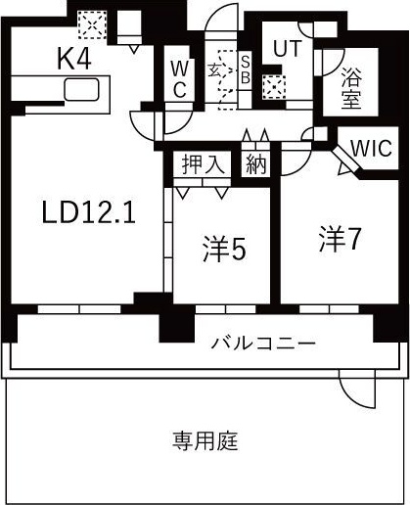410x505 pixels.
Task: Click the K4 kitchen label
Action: coord(74,60)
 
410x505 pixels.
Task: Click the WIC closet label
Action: coord(371,150)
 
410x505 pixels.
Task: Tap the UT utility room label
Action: coord(287,47)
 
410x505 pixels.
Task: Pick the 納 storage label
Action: coord(255,164)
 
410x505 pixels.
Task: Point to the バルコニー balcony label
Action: coord(263,344)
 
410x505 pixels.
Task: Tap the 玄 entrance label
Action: coord(216,70)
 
